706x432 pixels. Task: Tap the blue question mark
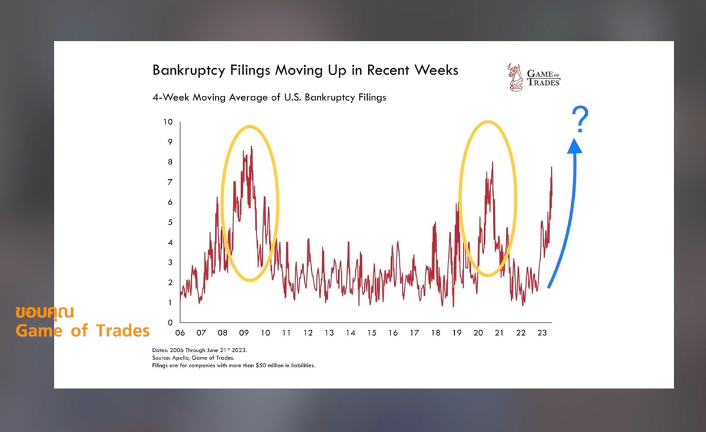click(x=581, y=120)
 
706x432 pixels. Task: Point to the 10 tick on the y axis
click(x=168, y=122)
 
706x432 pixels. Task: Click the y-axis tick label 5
click(x=169, y=223)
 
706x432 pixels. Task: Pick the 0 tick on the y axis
click(x=169, y=323)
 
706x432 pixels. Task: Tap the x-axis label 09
click(x=244, y=333)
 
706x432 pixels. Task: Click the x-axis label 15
click(x=371, y=333)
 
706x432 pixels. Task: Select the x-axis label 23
click(x=542, y=333)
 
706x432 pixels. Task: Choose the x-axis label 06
click(x=180, y=333)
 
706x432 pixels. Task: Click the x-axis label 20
click(x=478, y=333)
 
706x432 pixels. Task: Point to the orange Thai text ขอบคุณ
click(x=45, y=312)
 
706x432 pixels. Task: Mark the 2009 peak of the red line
click(x=251, y=147)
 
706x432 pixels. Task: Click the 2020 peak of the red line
click(x=492, y=162)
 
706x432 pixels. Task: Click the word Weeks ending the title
click(x=435, y=71)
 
